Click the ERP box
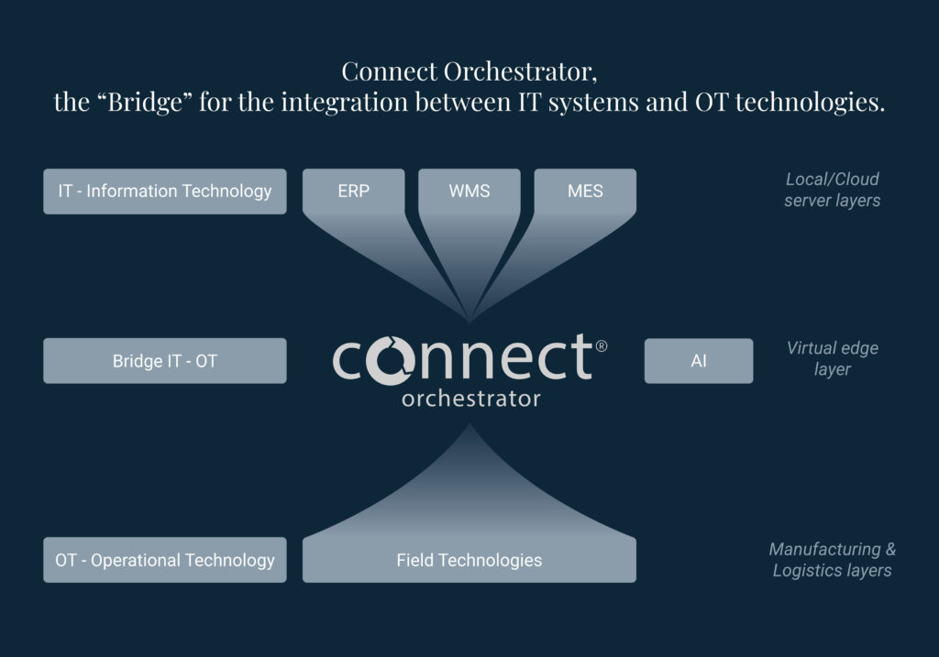pos(353,192)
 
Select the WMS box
pos(469,192)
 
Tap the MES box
pos(585,192)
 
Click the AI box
pos(699,361)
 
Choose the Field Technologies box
pos(469,560)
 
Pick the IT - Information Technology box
pos(165,192)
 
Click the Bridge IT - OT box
pos(165,361)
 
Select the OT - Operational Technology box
pos(165,560)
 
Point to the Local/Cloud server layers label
pos(833,190)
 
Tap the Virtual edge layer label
pos(833,358)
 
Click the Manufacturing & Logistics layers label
pos(833,560)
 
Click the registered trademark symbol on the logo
pos(602,345)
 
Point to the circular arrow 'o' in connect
pos(391,361)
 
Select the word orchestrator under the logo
pos(471,400)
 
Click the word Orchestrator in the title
pos(520,71)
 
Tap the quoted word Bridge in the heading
pos(144,103)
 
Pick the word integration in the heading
pos(345,103)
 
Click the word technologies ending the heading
pos(811,103)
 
